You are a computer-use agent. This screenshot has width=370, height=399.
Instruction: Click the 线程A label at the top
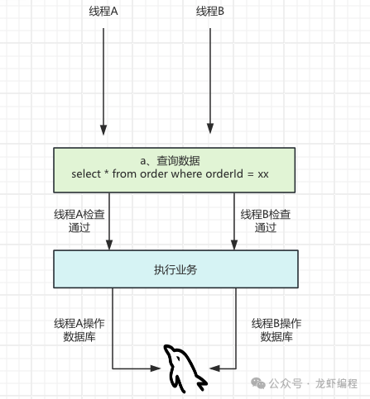click(103, 12)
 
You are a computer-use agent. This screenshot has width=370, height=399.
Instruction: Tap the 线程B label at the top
click(210, 12)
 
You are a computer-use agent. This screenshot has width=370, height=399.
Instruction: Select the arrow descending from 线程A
click(103, 82)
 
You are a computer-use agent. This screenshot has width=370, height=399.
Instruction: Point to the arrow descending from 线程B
click(210, 81)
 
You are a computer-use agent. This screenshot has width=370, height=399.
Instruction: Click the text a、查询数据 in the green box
click(170, 161)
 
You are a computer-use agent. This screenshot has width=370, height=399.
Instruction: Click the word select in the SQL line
click(86, 174)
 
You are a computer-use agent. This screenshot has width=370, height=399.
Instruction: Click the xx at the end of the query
click(263, 174)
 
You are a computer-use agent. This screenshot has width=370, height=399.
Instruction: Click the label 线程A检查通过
click(79, 221)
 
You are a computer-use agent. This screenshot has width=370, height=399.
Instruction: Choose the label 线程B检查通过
click(266, 221)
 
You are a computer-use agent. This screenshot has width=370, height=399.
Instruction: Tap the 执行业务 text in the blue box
click(175, 270)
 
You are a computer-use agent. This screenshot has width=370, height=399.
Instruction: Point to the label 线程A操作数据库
click(79, 330)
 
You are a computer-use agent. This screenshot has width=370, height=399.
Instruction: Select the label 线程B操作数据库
click(276, 330)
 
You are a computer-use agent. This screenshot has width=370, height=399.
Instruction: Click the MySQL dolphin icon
click(185, 368)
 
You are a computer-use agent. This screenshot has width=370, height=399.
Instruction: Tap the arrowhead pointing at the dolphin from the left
click(156, 368)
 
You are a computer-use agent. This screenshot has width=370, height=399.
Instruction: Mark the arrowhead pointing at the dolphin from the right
click(214, 368)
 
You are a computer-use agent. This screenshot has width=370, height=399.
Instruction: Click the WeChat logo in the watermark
click(258, 383)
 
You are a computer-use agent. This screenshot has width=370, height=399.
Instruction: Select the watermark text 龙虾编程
click(336, 383)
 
